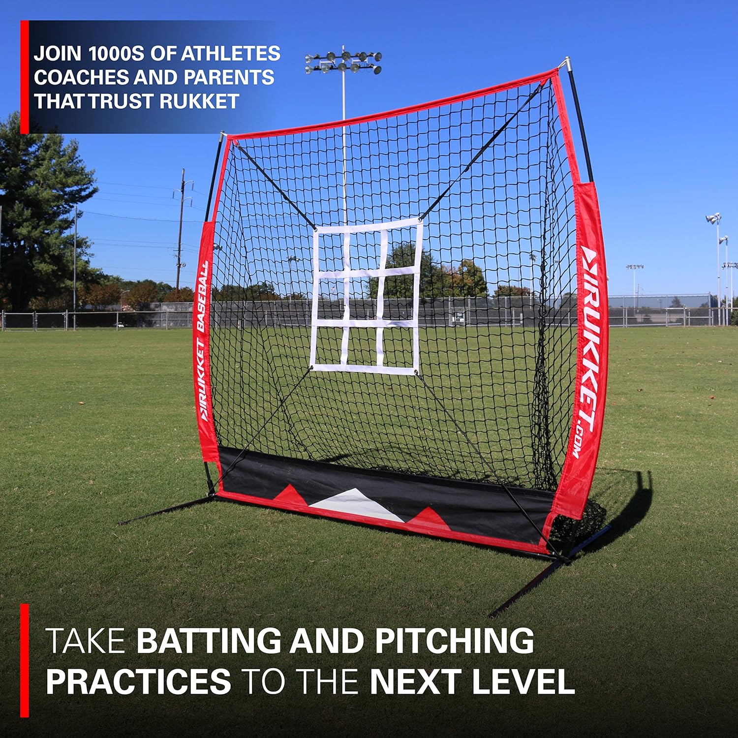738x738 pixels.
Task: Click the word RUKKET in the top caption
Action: [x=199, y=101]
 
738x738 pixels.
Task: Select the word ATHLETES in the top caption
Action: [x=231, y=54]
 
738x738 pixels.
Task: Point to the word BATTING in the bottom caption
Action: [x=209, y=641]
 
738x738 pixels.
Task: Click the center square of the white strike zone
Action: [x=364, y=297]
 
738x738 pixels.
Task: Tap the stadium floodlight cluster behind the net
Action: [x=343, y=62]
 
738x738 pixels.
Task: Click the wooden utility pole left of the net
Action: [x=181, y=231]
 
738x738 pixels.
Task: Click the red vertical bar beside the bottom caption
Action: [x=25, y=659]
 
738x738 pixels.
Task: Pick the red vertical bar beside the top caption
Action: [x=25, y=77]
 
